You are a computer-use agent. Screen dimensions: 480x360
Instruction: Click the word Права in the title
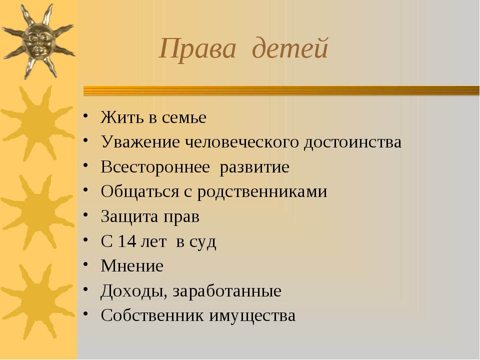(x=198, y=49)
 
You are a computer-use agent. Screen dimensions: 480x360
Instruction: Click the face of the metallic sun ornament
(x=38, y=42)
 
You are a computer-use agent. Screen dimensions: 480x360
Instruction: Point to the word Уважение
(x=140, y=142)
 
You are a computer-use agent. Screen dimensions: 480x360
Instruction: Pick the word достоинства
(x=352, y=142)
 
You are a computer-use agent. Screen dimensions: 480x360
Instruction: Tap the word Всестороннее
(x=155, y=167)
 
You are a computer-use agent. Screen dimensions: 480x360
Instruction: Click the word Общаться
(x=140, y=192)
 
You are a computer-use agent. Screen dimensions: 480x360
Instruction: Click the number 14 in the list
(x=126, y=241)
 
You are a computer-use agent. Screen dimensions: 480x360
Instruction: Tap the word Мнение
(x=132, y=265)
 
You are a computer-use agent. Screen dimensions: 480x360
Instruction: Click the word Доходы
(x=134, y=291)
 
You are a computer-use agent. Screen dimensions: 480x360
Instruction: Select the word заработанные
(x=227, y=291)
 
